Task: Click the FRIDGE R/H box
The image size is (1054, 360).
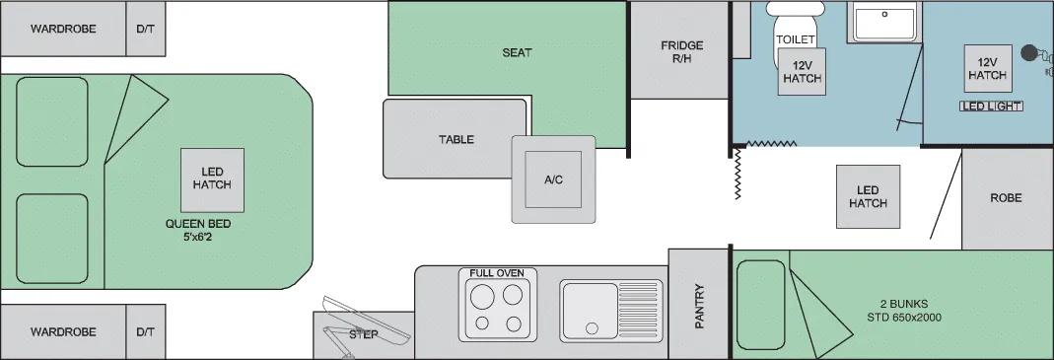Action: (679, 50)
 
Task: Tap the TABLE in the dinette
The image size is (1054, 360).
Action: (456, 139)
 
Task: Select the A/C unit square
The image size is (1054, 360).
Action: (553, 180)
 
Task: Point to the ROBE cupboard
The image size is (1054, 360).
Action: (1007, 198)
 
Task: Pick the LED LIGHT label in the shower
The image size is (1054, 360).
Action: (992, 107)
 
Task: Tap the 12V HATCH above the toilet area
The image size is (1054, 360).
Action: (802, 71)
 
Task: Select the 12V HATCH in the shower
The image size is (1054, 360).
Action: (988, 69)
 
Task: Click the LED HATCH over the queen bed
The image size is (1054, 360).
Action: (212, 180)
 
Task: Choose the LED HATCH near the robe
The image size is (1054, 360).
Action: (868, 196)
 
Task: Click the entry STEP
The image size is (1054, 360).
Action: (364, 334)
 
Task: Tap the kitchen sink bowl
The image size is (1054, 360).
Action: (591, 311)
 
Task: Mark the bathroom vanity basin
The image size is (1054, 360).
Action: (884, 23)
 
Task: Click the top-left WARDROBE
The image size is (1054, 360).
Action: (63, 29)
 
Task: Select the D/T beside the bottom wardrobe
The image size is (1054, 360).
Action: (145, 331)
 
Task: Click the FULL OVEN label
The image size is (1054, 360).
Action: (497, 273)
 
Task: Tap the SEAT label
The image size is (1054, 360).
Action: (517, 52)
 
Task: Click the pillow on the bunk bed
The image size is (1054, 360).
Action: (761, 305)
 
